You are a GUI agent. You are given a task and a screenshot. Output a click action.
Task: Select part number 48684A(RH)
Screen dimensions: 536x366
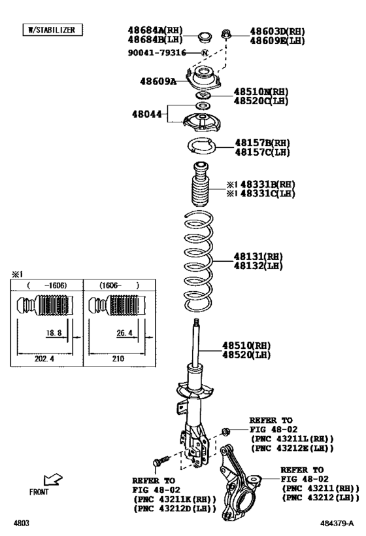click(155, 31)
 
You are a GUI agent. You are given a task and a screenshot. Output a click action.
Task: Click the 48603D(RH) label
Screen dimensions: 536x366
click(277, 31)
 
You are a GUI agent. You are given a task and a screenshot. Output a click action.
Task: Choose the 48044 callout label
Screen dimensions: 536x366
click(148, 113)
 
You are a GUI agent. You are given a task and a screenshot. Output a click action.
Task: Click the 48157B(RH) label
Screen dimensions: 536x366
click(262, 143)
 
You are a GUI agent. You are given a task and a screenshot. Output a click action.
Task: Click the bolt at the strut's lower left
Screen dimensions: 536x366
click(158, 461)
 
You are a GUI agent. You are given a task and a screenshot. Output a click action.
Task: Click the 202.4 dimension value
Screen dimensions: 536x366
click(44, 359)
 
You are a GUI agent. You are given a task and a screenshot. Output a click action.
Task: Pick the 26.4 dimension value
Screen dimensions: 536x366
click(124, 332)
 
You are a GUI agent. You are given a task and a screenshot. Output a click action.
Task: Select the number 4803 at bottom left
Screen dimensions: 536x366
click(22, 524)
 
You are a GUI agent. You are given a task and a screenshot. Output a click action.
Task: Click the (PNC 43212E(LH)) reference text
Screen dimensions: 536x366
click(291, 448)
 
